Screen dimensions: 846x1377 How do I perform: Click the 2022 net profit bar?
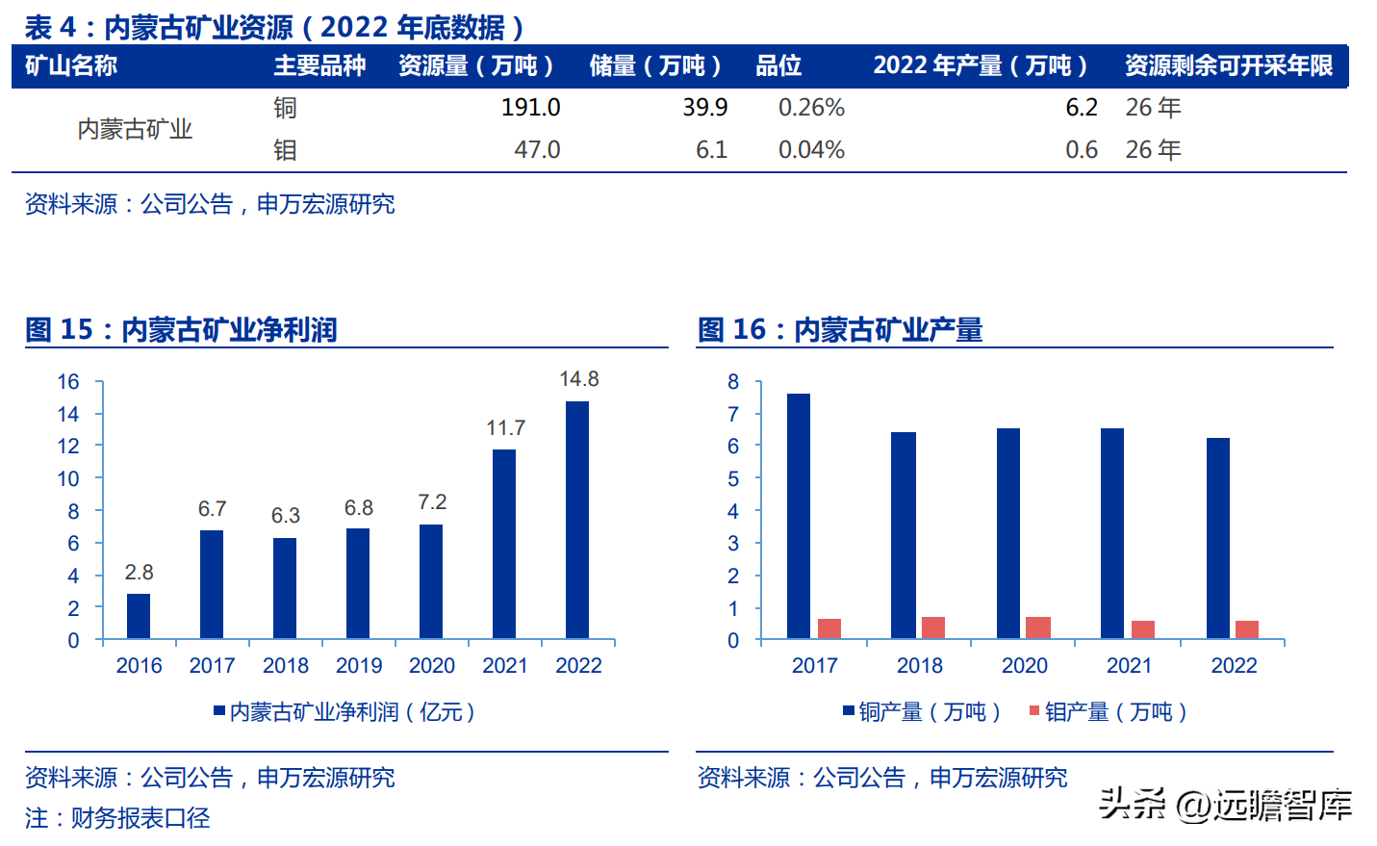pyautogui.click(x=577, y=520)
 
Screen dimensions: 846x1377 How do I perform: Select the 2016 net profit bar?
pyautogui.click(x=139, y=616)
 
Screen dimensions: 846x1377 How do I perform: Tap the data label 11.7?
pyautogui.click(x=505, y=428)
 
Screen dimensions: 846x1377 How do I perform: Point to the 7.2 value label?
pyautogui.click(x=432, y=502)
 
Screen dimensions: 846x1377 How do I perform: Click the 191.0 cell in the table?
pyautogui.click(x=530, y=108)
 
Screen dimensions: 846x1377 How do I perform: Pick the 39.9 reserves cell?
pyautogui.click(x=704, y=108)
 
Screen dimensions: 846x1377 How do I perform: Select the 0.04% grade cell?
pyautogui.click(x=811, y=150)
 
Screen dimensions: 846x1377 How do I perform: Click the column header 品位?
pyautogui.click(x=778, y=65)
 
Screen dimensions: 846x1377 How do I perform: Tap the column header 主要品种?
pyautogui.click(x=319, y=65)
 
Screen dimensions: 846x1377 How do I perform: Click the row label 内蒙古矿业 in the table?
pyautogui.click(x=135, y=129)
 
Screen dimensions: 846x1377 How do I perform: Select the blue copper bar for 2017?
pyautogui.click(x=798, y=516)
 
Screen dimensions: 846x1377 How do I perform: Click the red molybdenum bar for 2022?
pyautogui.click(x=1247, y=629)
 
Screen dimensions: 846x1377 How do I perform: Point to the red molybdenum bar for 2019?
pyautogui.click(x=1038, y=628)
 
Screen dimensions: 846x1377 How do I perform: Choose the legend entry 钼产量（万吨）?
pyautogui.click(x=1108, y=712)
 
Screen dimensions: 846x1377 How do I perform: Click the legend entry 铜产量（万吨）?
pyautogui.click(x=922, y=712)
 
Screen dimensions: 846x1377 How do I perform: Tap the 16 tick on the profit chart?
pyautogui.click(x=68, y=382)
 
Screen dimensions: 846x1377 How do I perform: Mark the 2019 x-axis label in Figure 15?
pyautogui.click(x=359, y=666)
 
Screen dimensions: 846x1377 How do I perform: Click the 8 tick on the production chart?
pyautogui.click(x=733, y=382)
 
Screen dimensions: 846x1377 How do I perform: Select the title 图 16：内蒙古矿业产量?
pyautogui.click(x=839, y=330)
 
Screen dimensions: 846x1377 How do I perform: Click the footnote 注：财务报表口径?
pyautogui.click(x=117, y=818)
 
